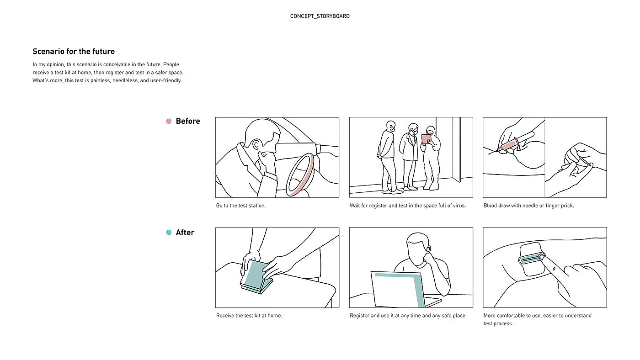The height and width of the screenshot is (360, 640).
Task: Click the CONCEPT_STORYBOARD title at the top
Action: (320, 16)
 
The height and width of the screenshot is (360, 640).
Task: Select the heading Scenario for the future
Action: (74, 51)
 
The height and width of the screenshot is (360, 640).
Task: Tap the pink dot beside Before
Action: (169, 121)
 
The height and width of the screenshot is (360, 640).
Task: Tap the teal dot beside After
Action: (169, 233)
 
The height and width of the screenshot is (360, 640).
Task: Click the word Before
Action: (188, 121)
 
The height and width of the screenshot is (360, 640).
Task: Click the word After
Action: (185, 233)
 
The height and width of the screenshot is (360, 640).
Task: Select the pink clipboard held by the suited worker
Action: (426, 138)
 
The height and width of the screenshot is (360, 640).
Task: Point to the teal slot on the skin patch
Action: (530, 259)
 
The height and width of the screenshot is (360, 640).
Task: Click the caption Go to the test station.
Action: (241, 206)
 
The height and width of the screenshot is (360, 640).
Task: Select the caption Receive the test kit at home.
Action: (249, 315)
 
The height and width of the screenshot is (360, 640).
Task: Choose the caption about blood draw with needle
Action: (528, 206)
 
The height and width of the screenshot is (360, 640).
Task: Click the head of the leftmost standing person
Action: (390, 127)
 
